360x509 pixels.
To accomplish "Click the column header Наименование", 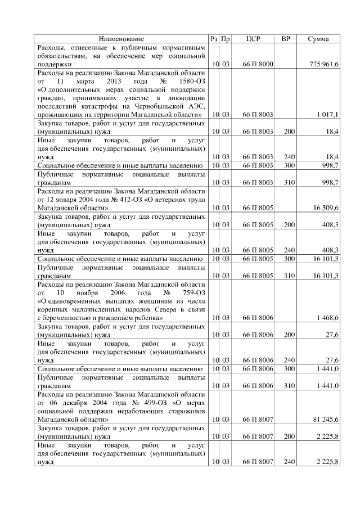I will click(x=121, y=39).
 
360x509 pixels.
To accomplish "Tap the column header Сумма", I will click(x=319, y=39).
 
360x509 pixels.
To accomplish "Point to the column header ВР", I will click(x=286, y=39).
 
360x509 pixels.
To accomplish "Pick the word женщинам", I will click(x=148, y=301).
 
